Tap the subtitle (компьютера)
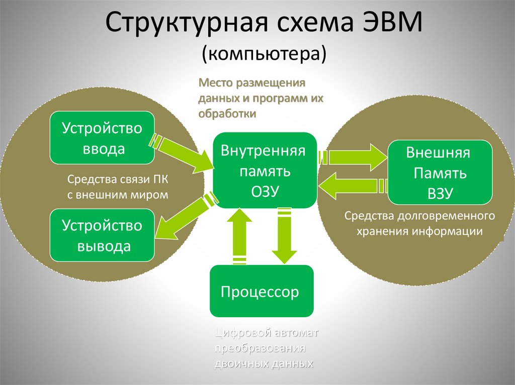265,54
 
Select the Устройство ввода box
102,138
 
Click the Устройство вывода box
102,235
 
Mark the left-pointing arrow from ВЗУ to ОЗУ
352,187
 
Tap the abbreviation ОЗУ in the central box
265,191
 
